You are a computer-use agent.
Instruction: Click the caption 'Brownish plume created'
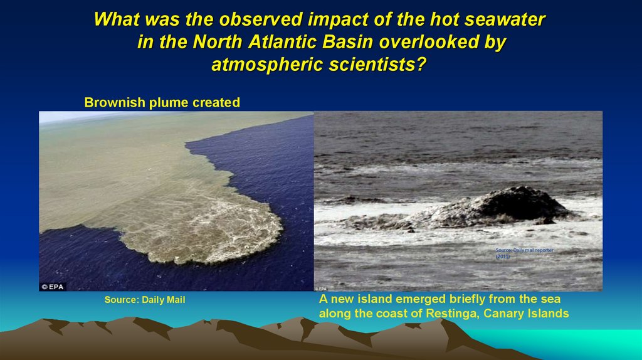click(x=162, y=103)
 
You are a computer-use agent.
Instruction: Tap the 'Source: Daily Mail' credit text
click(x=145, y=300)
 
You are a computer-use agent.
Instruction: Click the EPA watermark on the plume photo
click(x=53, y=287)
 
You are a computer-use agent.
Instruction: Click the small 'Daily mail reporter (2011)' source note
click(x=524, y=253)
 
